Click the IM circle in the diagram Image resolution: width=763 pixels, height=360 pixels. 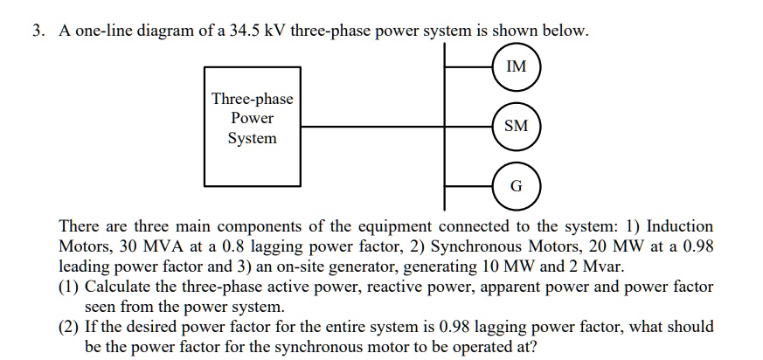coord(516,66)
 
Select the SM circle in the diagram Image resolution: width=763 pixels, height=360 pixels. coord(516,126)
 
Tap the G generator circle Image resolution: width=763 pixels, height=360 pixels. coord(516,186)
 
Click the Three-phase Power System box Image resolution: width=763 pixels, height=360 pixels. coord(253,127)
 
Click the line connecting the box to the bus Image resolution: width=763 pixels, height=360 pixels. coord(371,127)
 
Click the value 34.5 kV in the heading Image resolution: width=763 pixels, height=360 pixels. coord(259,31)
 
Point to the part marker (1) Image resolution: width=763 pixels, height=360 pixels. coord(69,287)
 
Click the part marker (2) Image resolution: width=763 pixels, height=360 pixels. coord(69,327)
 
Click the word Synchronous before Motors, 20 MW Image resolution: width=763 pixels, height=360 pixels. coord(461,246)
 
